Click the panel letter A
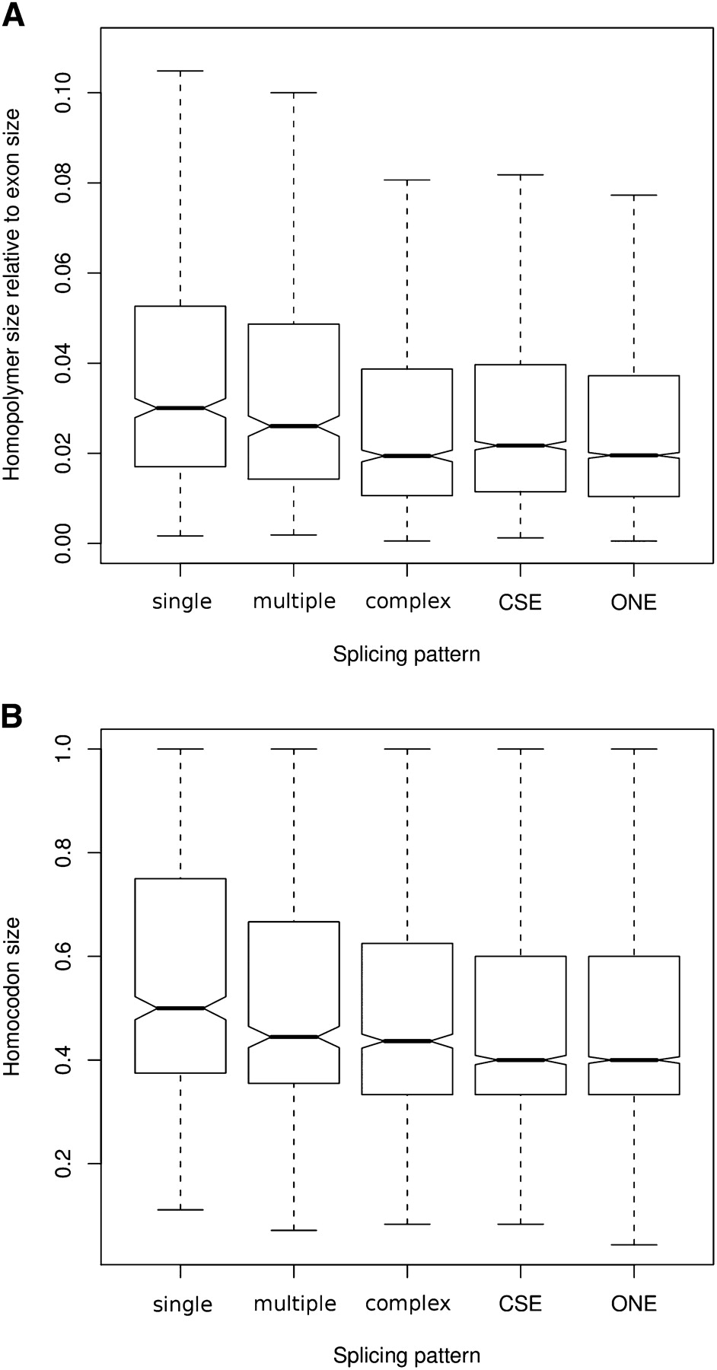pyautogui.click(x=14, y=14)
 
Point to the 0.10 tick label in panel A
pyautogui.click(x=65, y=92)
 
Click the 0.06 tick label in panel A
pyautogui.click(x=65, y=272)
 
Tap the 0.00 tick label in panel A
pyautogui.click(x=65, y=543)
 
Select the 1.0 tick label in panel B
pyautogui.click(x=65, y=749)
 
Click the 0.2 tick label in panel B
pyautogui.click(x=65, y=1164)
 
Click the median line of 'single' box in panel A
pyautogui.click(x=180, y=408)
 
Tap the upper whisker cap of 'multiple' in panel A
pyautogui.click(x=294, y=93)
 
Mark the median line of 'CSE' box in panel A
pyautogui.click(x=521, y=445)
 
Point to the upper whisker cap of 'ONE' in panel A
pyautogui.click(x=634, y=196)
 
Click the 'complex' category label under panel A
pyautogui.click(x=408, y=602)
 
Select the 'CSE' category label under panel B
pyautogui.click(x=521, y=1304)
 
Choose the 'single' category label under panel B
pyautogui.click(x=182, y=1304)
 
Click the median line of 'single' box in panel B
pyautogui.click(x=180, y=1008)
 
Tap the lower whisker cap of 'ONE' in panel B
pyautogui.click(x=634, y=1244)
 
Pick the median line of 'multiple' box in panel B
pyautogui.click(x=294, y=1037)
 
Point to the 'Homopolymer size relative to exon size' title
pyautogui.click(x=12, y=294)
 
